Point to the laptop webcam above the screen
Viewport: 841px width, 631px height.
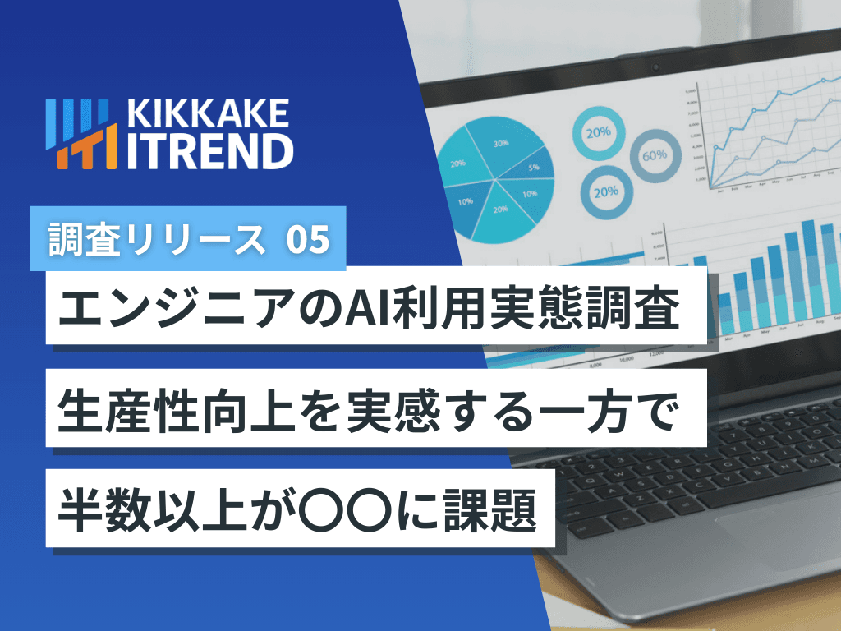[x=655, y=65]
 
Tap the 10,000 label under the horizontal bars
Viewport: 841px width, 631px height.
[x=627, y=359]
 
